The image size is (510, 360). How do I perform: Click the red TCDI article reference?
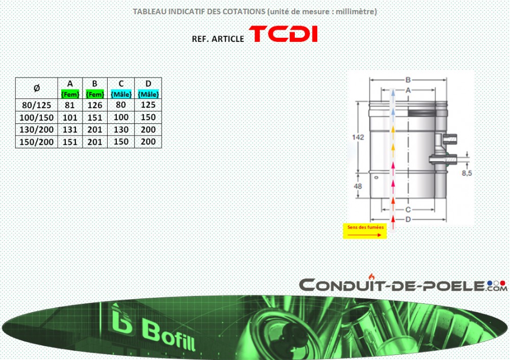[x=283, y=34]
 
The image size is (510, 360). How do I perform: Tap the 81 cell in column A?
[x=70, y=105]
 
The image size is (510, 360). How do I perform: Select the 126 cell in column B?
[x=95, y=105]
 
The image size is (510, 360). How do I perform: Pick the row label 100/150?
[x=36, y=117]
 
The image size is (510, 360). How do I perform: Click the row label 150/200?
[x=36, y=142]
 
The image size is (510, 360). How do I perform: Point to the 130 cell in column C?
[x=121, y=130]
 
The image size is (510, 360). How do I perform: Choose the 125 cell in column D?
[x=148, y=105]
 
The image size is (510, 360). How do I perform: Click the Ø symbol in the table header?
[x=37, y=88]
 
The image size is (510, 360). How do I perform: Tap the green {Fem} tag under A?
[x=70, y=94]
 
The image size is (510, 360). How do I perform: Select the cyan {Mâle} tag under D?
[x=148, y=94]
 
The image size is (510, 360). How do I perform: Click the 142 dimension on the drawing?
[x=358, y=137]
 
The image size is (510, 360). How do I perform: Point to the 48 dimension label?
[x=358, y=186]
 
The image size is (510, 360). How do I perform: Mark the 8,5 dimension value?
[x=467, y=173]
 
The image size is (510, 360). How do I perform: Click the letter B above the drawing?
[x=408, y=80]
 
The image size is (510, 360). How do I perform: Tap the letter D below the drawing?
[x=408, y=219]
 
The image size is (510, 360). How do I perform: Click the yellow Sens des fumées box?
[x=365, y=231]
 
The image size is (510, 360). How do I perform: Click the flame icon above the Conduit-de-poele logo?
[x=372, y=277]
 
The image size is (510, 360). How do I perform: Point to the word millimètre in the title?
[x=355, y=12]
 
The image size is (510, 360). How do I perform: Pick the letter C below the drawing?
[x=408, y=210]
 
